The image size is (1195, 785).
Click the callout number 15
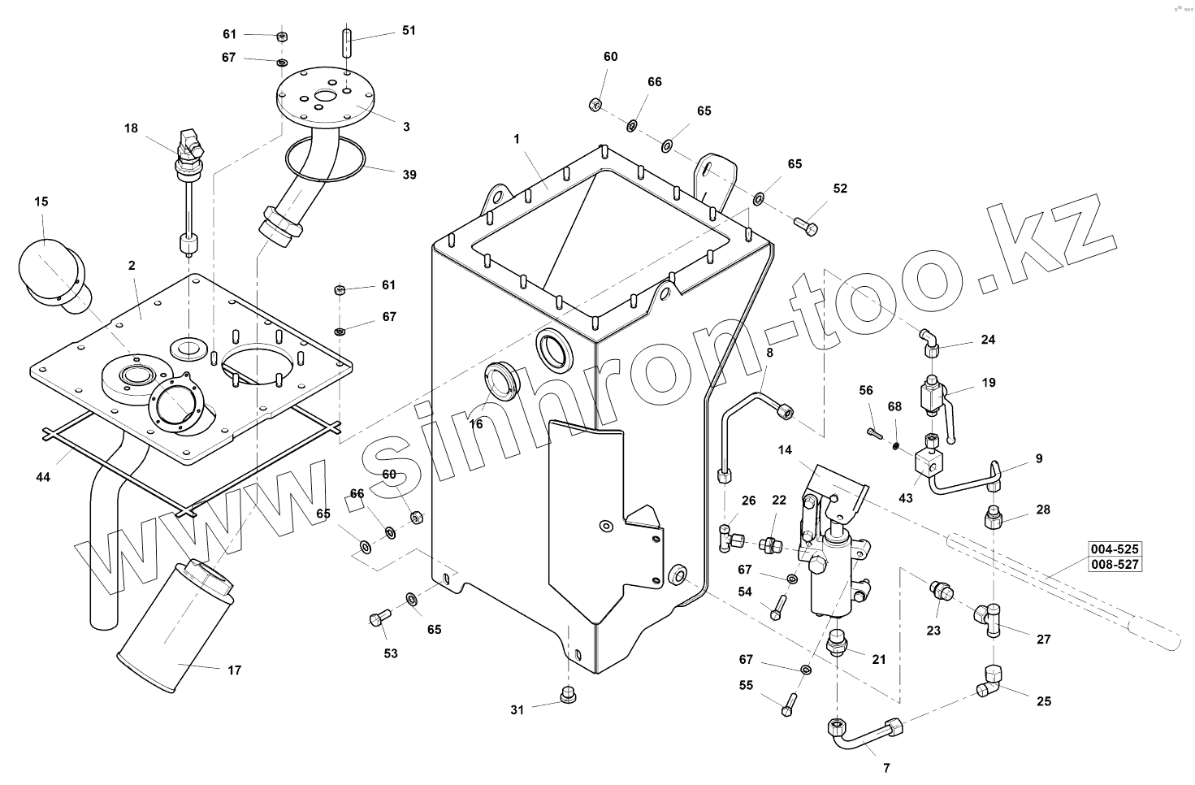tap(41, 201)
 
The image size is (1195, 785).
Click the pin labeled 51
tap(346, 42)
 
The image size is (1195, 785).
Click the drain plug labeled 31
tap(569, 694)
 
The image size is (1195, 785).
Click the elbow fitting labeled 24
tap(929, 341)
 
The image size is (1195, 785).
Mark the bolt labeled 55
tap(789, 703)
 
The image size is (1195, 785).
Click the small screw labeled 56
tap(872, 432)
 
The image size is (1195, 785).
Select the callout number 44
tap(43, 477)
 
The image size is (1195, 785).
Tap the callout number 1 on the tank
tap(516, 139)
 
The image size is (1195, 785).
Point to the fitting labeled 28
tap(994, 518)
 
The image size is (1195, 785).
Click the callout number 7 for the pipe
tap(886, 767)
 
